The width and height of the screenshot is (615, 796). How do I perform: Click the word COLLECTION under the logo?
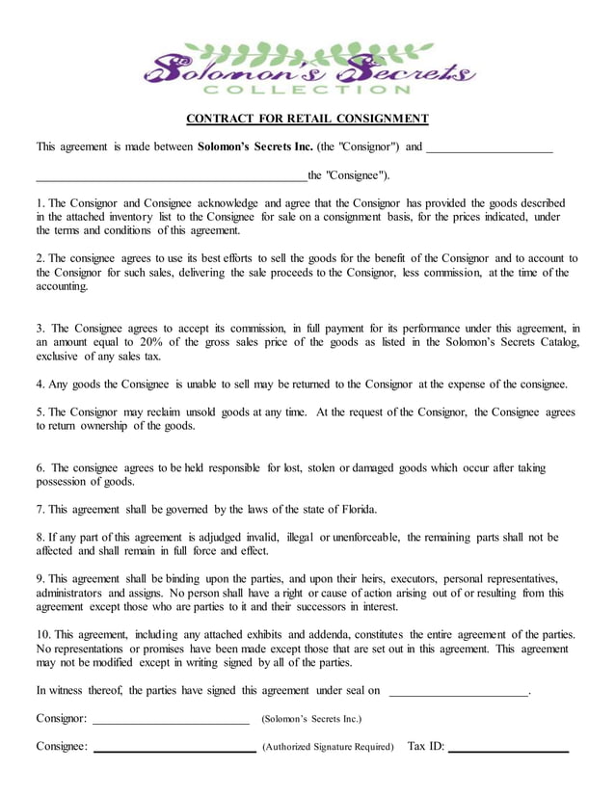pos(307,91)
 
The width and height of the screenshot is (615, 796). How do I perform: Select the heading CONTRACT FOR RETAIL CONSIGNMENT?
pos(307,119)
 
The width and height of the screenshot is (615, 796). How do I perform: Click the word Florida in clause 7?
pos(354,510)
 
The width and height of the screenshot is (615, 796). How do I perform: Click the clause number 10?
pos(43,634)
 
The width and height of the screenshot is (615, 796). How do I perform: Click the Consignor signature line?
pos(171,720)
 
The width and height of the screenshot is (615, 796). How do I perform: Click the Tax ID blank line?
pos(508,748)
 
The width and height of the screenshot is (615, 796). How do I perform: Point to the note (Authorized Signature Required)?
pos(328,748)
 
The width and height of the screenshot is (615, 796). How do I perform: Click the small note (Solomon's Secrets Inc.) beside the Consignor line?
pos(311,720)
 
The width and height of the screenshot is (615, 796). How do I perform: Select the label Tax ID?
pos(426,747)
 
